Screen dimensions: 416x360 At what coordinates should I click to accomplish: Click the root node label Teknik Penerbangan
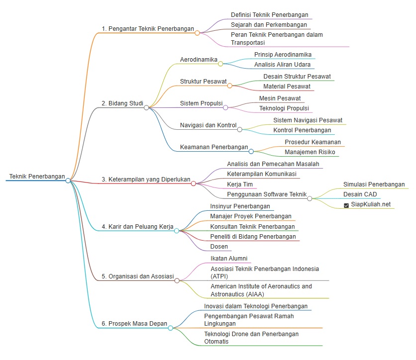37,177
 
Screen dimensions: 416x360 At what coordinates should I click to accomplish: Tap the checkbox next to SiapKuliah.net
346,205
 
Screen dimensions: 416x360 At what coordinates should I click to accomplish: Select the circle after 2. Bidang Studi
146,107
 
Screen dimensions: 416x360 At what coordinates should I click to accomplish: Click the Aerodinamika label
199,59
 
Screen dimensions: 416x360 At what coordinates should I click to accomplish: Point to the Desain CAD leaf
360,194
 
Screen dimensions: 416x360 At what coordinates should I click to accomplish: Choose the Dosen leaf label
219,247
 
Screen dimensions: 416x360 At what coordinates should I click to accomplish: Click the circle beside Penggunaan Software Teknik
310,198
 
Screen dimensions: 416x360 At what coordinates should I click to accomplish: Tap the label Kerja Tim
240,184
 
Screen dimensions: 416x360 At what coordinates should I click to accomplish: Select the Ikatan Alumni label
229,259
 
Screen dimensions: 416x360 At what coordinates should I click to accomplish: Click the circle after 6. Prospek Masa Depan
171,328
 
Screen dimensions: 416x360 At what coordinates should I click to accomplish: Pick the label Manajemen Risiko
310,152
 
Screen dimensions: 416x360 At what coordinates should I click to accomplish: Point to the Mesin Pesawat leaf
280,98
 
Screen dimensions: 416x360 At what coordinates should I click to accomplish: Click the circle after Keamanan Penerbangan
251,151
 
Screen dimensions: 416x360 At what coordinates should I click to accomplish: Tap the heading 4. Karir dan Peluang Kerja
137,227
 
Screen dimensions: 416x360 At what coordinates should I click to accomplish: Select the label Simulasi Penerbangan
374,184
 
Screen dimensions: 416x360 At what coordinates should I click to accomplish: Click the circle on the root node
68,180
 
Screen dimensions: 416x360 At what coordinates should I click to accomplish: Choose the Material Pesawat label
287,87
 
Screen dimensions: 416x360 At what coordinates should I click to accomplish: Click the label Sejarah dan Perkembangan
269,25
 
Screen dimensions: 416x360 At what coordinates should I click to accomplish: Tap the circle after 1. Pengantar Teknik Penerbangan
197,33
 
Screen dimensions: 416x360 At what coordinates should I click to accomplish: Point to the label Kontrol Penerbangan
302,130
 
